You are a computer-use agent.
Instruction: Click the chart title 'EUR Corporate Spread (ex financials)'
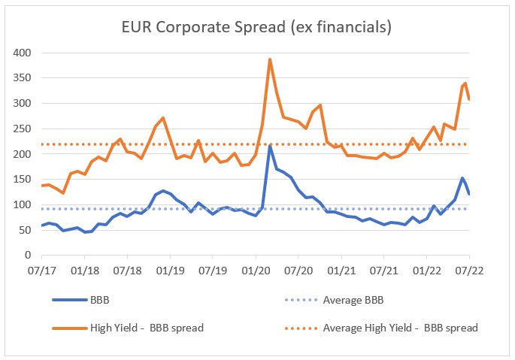pyautogui.click(x=257, y=27)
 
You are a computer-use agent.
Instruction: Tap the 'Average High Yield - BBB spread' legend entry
pyautogui.click(x=399, y=328)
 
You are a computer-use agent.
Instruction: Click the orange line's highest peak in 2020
pyautogui.click(x=270, y=59)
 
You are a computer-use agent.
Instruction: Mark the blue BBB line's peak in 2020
pyautogui.click(x=270, y=146)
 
